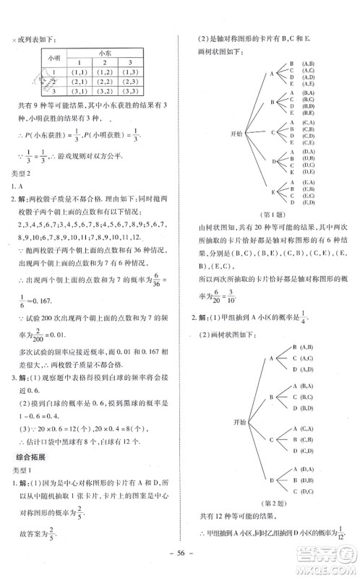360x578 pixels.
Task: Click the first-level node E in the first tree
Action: (271, 192)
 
